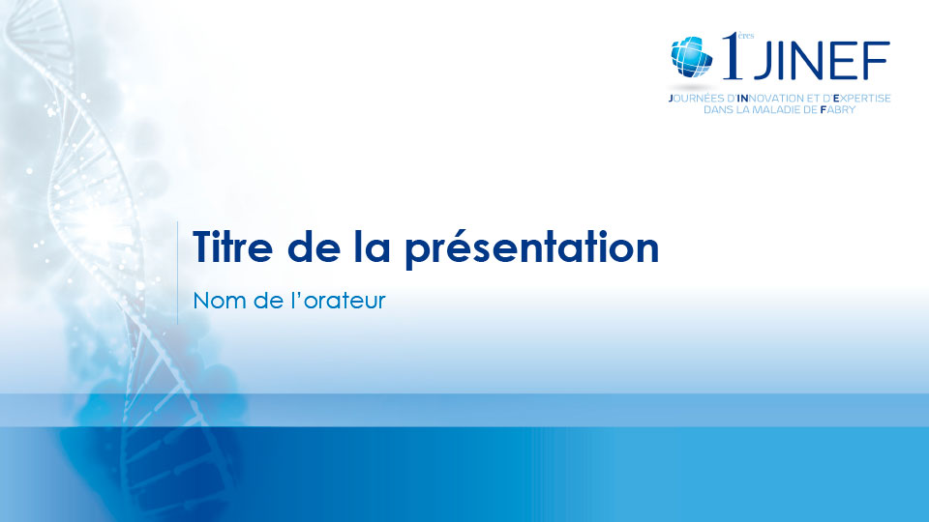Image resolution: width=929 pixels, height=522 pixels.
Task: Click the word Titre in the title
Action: [x=232, y=246]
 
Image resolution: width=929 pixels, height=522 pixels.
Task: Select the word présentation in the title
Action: [x=531, y=249]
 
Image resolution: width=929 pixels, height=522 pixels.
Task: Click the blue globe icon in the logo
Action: [x=691, y=57]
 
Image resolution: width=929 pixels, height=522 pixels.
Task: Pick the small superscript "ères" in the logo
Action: [x=746, y=36]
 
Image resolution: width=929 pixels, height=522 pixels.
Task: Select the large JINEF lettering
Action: [x=821, y=60]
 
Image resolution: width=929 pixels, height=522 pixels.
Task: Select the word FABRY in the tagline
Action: [x=838, y=109]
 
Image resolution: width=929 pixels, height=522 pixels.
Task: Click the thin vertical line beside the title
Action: [x=178, y=273]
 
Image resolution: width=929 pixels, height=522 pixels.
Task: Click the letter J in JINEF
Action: [x=762, y=60]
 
